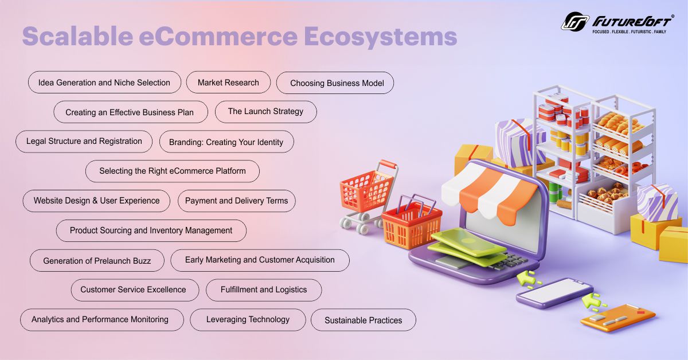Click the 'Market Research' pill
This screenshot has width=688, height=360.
(x=228, y=83)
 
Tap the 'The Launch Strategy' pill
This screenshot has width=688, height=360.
(x=265, y=111)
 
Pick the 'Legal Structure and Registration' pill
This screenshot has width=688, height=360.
(x=84, y=141)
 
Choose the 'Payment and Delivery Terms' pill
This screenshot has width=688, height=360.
(x=236, y=201)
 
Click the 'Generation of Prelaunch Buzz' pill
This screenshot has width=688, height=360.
(x=97, y=260)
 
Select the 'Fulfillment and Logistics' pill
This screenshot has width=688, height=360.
(x=264, y=289)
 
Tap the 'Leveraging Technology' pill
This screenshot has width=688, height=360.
(x=248, y=319)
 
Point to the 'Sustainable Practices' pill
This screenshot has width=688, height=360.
(x=363, y=320)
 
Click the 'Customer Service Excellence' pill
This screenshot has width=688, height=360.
(x=133, y=289)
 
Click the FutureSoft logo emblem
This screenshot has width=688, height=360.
(x=574, y=21)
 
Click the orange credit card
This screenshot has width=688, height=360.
(x=617, y=318)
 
